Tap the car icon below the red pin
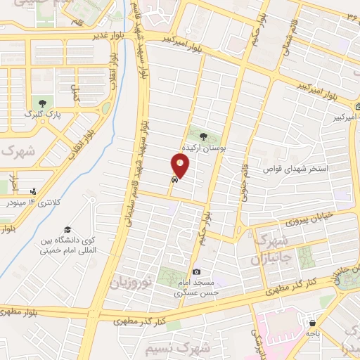173,179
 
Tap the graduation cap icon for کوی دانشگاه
68,230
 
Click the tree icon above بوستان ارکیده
203,137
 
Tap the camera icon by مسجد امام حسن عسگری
196,271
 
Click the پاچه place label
311,335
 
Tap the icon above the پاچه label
311,323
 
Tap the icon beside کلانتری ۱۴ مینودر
33,191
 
